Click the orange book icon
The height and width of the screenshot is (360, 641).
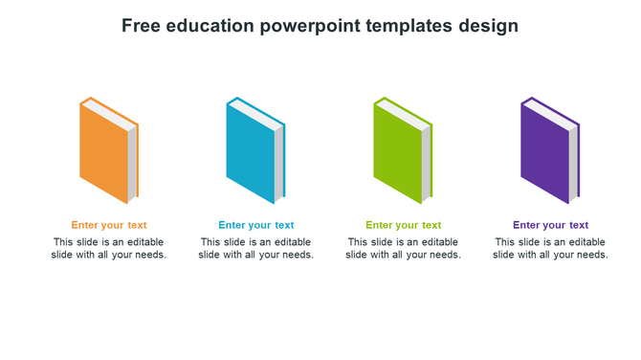[104, 153]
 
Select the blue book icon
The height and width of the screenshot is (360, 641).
[251, 153]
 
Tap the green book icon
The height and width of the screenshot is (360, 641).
[398, 153]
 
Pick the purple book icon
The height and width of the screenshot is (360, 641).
[545, 153]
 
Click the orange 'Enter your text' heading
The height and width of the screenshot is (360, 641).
[109, 226]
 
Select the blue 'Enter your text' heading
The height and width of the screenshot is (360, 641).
[256, 226]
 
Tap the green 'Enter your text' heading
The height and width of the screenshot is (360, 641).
[404, 226]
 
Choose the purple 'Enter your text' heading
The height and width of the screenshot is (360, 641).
[550, 226]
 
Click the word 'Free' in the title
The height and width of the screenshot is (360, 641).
[142, 26]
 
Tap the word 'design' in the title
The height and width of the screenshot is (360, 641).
[491, 26]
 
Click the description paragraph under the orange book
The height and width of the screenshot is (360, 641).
[109, 249]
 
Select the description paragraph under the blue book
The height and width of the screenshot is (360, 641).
[256, 249]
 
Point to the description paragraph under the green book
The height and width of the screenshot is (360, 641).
[404, 249]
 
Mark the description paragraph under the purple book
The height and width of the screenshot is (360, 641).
[550, 249]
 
